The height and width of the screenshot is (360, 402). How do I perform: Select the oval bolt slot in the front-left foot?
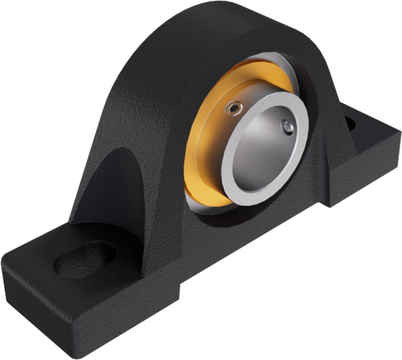point(85,258)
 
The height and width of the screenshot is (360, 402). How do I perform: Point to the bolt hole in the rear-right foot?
point(351,122)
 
